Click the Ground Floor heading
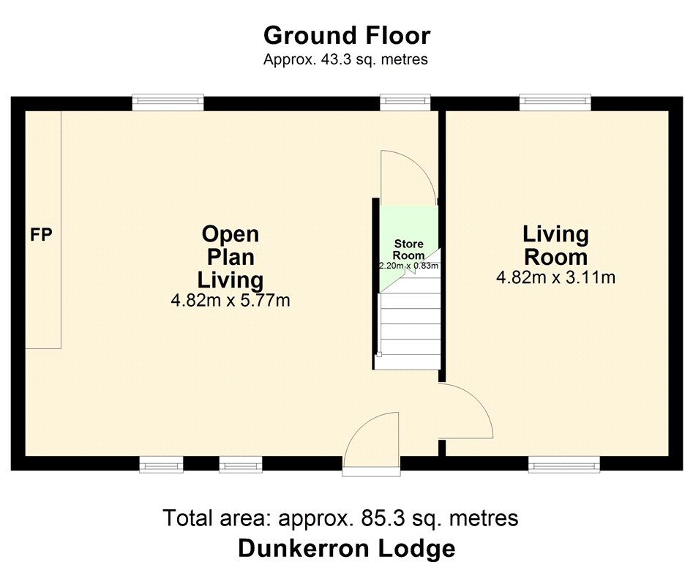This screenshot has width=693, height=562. coord(347,36)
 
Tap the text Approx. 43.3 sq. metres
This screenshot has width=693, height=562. coord(345,59)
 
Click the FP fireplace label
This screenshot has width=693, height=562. coord(41,235)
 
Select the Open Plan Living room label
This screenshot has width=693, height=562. coord(231,257)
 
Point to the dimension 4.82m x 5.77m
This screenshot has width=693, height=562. coord(231,301)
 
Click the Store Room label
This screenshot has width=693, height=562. coord(409,250)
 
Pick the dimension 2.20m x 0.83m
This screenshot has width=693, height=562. coord(409,266)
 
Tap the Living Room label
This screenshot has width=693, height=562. coord(555,245)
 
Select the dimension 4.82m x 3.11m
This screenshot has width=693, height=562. coord(555,278)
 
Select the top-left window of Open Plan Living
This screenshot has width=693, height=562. coord(168,102)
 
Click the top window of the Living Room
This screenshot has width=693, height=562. coord(555,102)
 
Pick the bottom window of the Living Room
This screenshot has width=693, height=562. coord(564,464)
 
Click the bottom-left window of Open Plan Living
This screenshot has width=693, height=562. coord(161,464)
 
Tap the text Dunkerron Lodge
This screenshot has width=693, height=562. coord(347,548)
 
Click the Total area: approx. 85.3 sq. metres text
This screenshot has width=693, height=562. coord(341,517)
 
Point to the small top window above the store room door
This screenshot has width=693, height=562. coord(405,102)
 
